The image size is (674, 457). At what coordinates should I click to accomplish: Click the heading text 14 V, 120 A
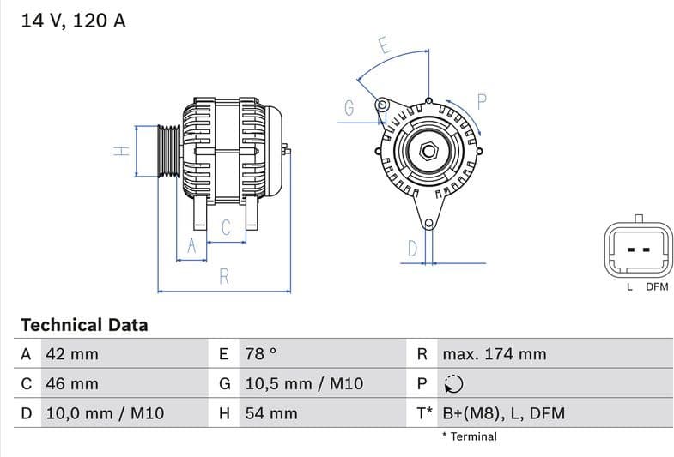(73, 21)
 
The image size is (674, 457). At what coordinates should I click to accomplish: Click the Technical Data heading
(84, 325)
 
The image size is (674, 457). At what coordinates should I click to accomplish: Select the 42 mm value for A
(71, 354)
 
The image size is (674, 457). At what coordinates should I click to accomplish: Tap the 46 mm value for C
(71, 384)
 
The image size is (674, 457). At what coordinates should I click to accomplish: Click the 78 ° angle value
(261, 354)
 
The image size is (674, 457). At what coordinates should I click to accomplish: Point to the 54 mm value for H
(271, 413)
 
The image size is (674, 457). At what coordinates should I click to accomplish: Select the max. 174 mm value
(494, 354)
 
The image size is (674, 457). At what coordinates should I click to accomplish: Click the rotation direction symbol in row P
(454, 384)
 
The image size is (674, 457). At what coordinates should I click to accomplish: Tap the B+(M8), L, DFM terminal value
(503, 413)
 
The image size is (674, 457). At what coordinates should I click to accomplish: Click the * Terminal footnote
(470, 436)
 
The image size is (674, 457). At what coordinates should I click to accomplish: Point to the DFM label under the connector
(657, 287)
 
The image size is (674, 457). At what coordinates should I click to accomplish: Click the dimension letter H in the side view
(122, 151)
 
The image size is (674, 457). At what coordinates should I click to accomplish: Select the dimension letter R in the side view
(224, 276)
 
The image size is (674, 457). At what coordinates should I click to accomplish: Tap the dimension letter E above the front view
(385, 46)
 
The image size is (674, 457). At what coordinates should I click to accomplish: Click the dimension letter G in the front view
(349, 109)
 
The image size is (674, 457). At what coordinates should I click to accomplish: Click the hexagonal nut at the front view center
(427, 152)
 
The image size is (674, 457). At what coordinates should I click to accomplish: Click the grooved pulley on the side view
(168, 151)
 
